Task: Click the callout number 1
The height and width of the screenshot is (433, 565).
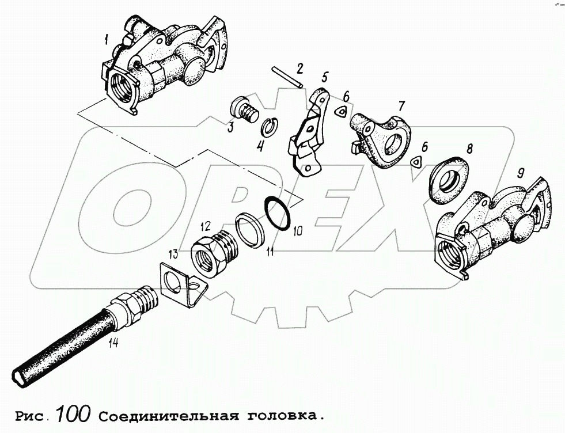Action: [106, 40]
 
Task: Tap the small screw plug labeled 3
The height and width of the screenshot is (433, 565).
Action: [242, 109]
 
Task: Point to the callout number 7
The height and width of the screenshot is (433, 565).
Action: [401, 105]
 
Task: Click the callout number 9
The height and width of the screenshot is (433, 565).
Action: [521, 172]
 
